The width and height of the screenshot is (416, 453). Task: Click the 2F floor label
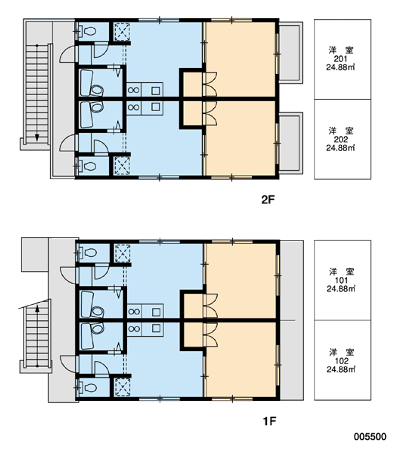coord(268,199)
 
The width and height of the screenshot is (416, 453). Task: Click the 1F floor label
coord(269,421)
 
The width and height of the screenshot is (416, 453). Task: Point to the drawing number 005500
coord(370,436)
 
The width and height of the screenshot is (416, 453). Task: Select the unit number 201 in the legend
coord(340,59)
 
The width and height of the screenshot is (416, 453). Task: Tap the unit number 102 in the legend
coord(342,361)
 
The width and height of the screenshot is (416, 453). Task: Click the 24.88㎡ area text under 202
coord(340,148)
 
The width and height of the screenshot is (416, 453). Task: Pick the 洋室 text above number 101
coord(341,272)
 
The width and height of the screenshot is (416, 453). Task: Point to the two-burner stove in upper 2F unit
coord(133,90)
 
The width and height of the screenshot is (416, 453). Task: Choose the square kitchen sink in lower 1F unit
coord(156,328)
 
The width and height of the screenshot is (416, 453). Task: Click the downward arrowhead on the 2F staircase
coord(37,137)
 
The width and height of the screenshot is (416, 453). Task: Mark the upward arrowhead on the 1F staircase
coord(37,309)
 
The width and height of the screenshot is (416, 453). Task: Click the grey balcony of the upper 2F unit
coord(290,53)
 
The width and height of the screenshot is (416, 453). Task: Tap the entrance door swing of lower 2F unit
coord(68,143)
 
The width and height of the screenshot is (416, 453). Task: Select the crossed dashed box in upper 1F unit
coord(123,253)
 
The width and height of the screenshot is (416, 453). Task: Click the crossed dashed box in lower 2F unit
coord(123,166)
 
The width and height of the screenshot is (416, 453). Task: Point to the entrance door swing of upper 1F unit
coord(69,276)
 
